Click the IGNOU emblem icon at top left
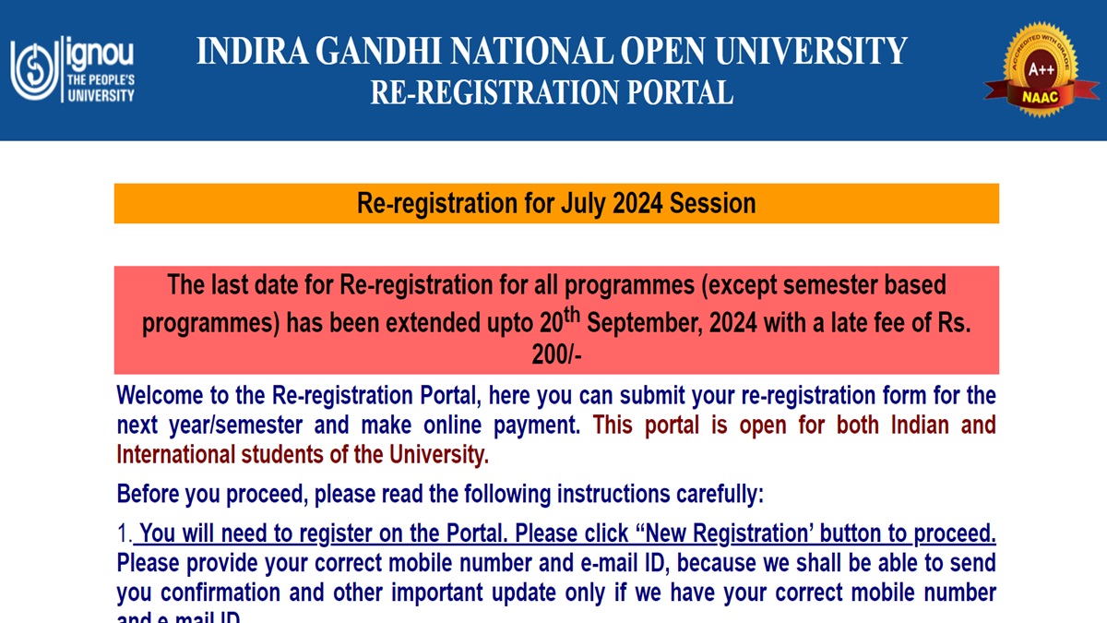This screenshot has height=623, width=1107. pos(33,69)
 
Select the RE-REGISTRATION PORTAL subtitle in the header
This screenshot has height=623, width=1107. pos(552,92)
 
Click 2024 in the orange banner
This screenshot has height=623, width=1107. pos(640,203)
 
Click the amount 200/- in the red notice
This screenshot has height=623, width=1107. pos(556,354)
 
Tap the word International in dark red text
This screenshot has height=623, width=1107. pos(176,454)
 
